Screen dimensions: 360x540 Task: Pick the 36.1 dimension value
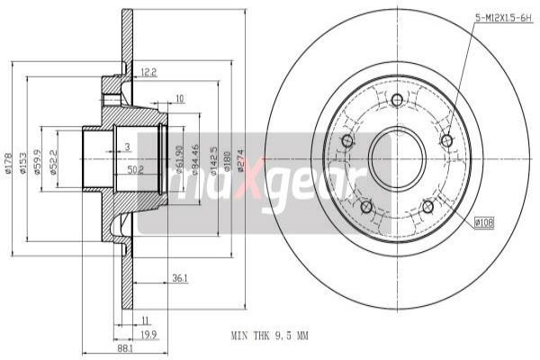point(179,279)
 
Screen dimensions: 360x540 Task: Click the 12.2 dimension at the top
point(148,72)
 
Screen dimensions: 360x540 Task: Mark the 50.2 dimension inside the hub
point(136,168)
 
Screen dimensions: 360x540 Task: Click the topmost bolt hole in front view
point(397,99)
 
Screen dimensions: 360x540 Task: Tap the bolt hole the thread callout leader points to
point(446,140)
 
